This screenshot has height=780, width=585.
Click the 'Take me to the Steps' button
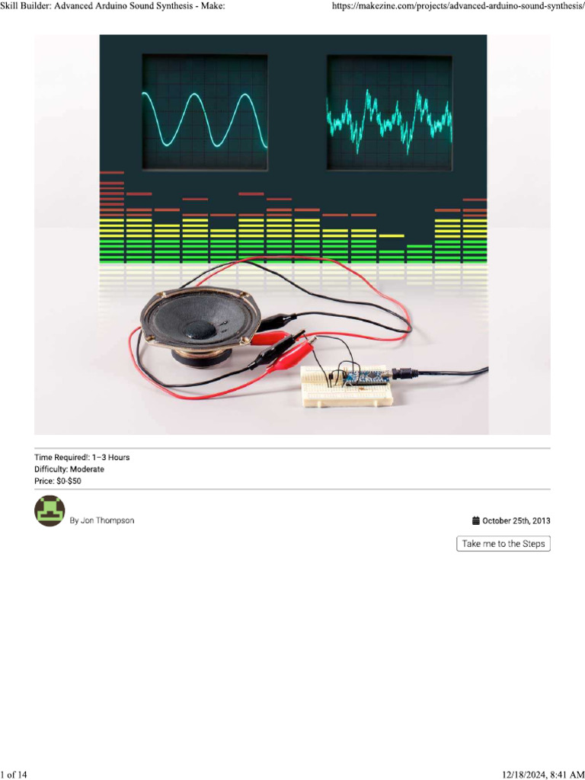point(503,544)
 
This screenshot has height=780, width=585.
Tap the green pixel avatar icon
point(50,511)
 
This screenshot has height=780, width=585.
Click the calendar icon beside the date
point(476,521)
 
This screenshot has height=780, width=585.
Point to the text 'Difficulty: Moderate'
point(69,469)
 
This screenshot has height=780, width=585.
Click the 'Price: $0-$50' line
point(58,481)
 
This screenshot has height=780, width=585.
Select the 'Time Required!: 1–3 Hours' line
point(82,457)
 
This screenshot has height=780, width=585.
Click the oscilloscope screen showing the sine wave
point(204,112)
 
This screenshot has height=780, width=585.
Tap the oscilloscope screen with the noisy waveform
point(389,112)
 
